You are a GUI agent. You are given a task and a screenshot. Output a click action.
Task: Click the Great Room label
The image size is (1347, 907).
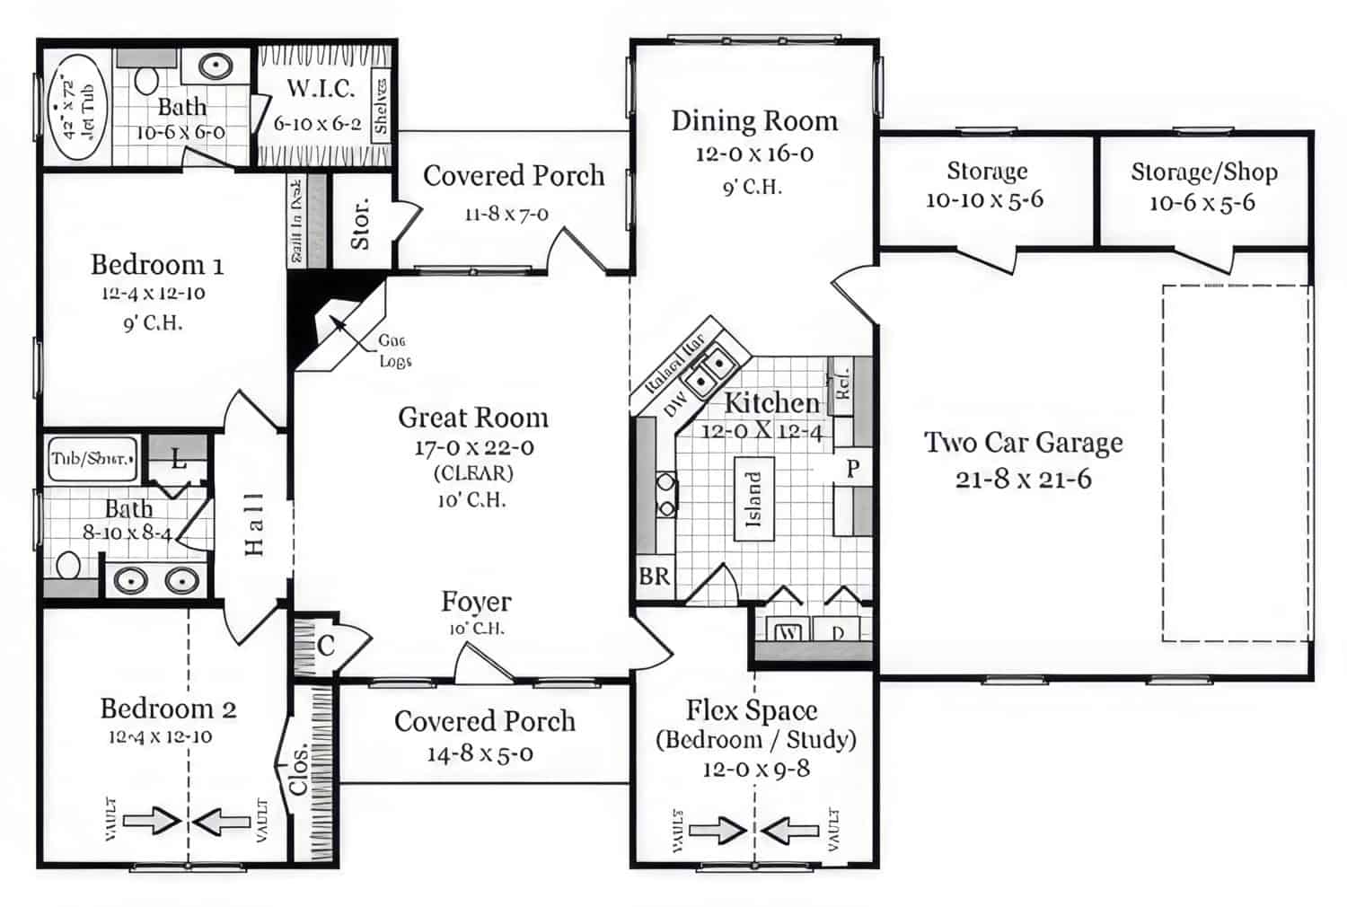[473, 418]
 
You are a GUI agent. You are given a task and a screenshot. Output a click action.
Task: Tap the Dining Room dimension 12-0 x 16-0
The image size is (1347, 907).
[754, 154]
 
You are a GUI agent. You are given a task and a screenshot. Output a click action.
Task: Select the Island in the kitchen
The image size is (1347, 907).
[753, 498]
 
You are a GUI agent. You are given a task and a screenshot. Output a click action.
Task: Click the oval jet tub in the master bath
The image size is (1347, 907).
[76, 108]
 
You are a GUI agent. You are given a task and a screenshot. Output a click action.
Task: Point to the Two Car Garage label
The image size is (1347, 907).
[1024, 443]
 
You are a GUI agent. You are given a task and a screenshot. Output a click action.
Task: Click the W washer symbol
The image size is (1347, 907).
[788, 632]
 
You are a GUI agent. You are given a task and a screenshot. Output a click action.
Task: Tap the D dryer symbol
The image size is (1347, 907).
[838, 632]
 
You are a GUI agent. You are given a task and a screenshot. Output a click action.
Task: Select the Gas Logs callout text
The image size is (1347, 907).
[393, 351]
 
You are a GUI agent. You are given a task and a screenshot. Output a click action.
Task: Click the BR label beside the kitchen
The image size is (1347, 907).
[654, 576]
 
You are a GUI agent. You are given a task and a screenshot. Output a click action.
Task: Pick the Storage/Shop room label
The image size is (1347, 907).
[1203, 172]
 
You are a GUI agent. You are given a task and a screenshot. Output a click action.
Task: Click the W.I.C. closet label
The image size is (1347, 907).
[321, 89]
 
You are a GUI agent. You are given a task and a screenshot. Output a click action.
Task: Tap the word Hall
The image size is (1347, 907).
[255, 524]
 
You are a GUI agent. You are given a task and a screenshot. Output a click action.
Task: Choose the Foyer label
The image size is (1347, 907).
[476, 602]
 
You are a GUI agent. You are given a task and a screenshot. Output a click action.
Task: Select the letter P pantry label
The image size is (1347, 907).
[852, 468]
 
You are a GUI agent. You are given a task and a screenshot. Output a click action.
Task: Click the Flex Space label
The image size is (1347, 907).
[752, 710]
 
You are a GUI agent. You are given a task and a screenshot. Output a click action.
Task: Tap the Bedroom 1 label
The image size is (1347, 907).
[157, 265]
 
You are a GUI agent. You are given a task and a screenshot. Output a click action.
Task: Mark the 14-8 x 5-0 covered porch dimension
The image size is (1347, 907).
[480, 754]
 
